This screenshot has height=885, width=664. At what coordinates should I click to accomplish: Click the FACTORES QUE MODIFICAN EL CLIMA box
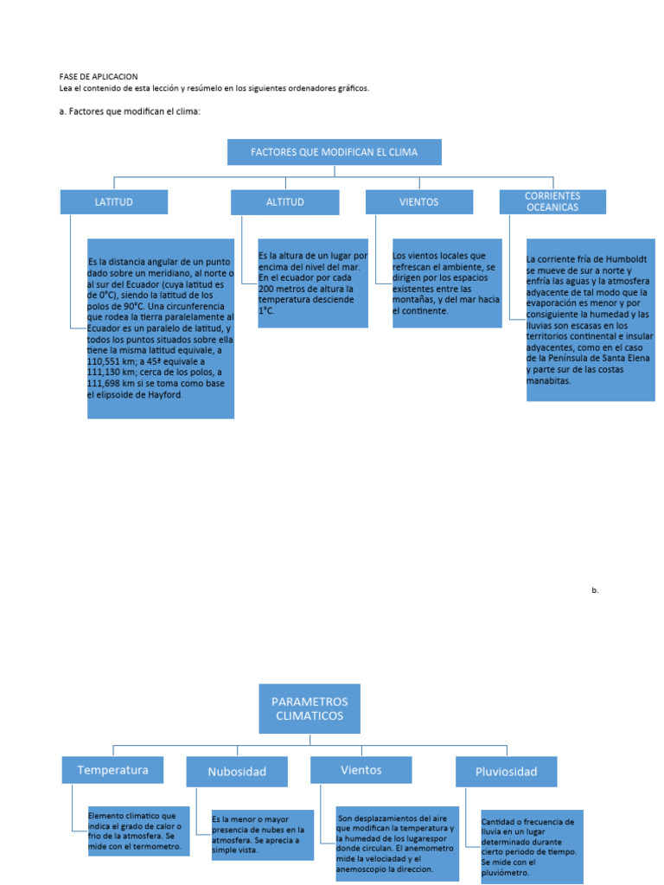[334, 152]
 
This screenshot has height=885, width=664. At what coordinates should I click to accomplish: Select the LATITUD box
[113, 202]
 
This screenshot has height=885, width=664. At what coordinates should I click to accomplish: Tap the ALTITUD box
[284, 202]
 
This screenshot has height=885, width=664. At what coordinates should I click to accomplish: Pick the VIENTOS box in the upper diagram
[419, 202]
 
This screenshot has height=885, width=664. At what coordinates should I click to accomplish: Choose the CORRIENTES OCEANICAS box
[552, 202]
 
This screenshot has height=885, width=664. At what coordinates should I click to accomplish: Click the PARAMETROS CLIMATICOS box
[310, 709]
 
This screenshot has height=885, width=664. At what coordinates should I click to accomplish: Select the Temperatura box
[112, 770]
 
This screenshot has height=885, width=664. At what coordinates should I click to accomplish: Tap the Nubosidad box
[237, 772]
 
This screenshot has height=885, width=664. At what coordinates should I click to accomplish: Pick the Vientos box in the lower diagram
[361, 770]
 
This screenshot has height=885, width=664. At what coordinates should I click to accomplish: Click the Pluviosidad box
[506, 772]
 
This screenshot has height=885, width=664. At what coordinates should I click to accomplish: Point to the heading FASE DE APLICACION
[98, 77]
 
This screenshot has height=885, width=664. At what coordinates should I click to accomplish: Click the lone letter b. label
[595, 590]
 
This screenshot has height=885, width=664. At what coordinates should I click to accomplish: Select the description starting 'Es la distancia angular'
[161, 328]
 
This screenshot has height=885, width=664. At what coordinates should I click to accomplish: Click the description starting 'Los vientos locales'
[447, 283]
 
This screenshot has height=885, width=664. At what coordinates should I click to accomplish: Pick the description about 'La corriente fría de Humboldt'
[591, 320]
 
